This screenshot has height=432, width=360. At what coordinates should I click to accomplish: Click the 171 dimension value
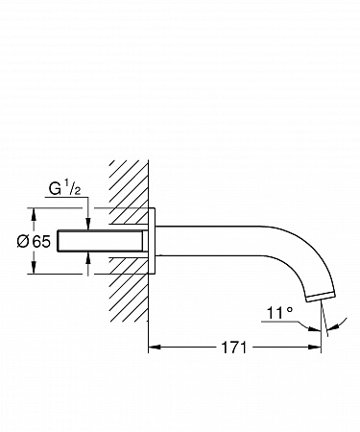[x=234, y=348]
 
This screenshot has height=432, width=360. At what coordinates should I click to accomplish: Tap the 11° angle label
[x=279, y=313]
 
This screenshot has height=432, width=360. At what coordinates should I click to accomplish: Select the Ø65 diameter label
[x=34, y=241]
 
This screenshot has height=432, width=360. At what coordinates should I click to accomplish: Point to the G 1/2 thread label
[x=64, y=189]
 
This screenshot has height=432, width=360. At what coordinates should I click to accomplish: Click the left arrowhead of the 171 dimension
[x=155, y=347]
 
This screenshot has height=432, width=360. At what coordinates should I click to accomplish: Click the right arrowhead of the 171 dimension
[x=315, y=347]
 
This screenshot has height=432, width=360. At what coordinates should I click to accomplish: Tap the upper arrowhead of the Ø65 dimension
[x=34, y=214]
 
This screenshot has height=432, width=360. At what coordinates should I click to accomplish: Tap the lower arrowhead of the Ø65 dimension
[x=34, y=268]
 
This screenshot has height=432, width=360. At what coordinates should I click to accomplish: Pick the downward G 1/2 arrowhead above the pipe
[x=88, y=225]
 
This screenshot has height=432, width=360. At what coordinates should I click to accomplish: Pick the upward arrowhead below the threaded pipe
[x=88, y=257]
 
